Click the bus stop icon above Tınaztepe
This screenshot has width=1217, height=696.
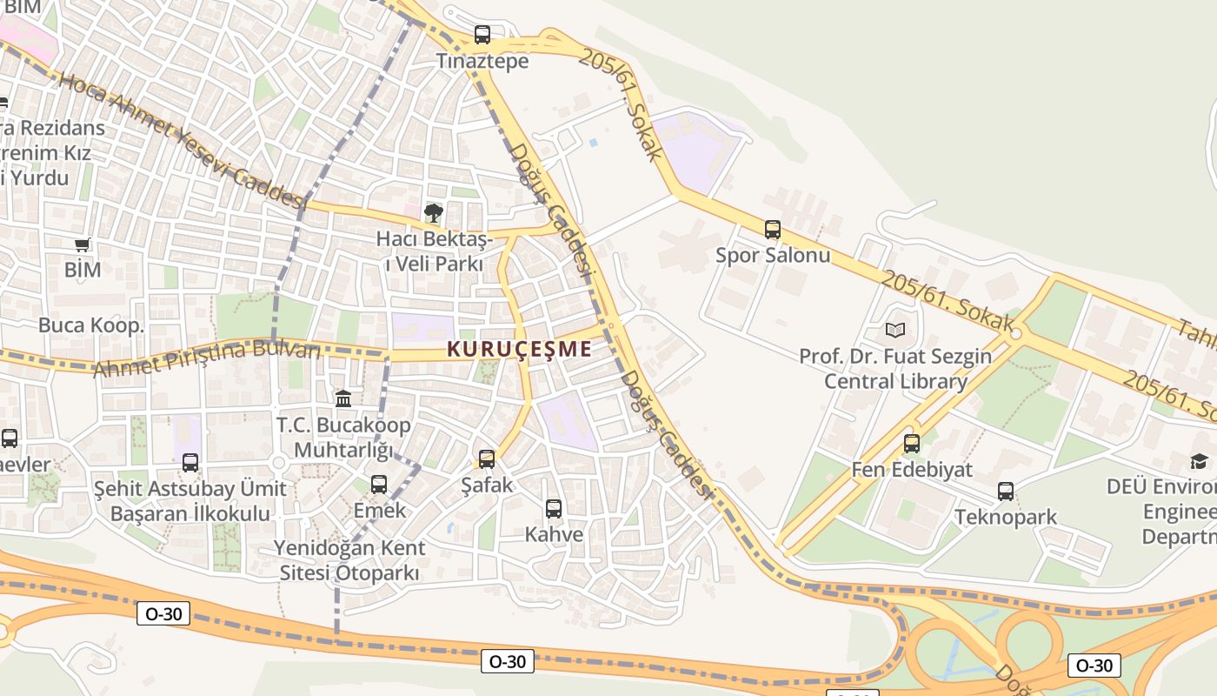(x=482, y=35)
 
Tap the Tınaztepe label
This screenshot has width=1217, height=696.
(x=482, y=62)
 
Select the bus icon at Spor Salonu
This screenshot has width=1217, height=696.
(x=773, y=230)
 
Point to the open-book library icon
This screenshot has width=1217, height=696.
(x=895, y=330)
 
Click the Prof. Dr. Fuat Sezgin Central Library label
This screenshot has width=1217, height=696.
(x=895, y=369)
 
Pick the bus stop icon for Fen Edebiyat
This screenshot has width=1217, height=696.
(x=911, y=444)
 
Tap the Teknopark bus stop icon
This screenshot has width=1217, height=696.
(x=1006, y=492)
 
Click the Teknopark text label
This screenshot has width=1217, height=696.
(x=1006, y=517)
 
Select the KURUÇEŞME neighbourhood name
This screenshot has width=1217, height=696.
(x=519, y=350)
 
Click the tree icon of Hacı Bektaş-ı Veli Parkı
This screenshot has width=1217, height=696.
(x=433, y=213)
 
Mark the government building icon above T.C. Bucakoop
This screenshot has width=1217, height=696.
(x=343, y=398)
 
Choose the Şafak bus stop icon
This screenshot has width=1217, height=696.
(x=487, y=458)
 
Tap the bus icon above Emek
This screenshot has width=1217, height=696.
(x=379, y=485)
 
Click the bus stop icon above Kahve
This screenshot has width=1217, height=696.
(x=554, y=509)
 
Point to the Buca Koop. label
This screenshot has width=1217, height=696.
(x=90, y=325)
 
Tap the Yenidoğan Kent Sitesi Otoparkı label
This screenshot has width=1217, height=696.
(x=349, y=560)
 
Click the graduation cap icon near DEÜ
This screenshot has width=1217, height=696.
(x=1200, y=461)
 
